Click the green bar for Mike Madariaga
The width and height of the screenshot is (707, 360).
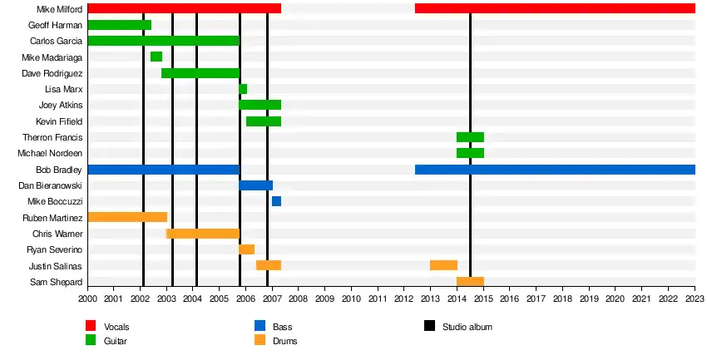coord(156,57)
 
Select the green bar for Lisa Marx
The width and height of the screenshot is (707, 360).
coord(243,89)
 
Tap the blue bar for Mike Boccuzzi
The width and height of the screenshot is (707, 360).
coord(276,201)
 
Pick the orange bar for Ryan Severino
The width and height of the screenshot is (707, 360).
coord(247,249)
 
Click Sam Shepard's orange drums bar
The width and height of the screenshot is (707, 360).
coord(470,282)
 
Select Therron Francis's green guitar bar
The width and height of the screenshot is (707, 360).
coord(470,137)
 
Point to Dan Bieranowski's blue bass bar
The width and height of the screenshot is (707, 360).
coord(256,185)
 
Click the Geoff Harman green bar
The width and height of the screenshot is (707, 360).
coord(120,25)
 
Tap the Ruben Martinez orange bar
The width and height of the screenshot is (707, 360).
coord(127,217)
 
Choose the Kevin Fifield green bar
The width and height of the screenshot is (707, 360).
coord(264,121)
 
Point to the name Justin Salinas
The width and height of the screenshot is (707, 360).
coord(57,266)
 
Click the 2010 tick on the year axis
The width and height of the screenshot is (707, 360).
coord(351,298)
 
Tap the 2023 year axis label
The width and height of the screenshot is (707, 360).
coord(695,298)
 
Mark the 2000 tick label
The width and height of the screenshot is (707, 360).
coord(87,298)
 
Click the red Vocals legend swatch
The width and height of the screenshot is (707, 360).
coord(91,327)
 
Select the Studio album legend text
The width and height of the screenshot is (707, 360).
coord(467,327)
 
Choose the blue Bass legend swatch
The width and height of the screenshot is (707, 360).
coord(260,327)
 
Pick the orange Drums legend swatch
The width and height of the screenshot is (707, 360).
coord(260,340)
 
